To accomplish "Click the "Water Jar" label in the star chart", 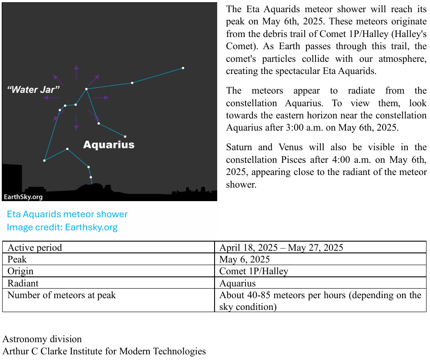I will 34,90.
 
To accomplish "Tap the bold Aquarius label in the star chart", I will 109,145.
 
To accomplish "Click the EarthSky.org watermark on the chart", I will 23,197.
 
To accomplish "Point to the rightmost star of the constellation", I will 183,68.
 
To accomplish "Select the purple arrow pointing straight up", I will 76,72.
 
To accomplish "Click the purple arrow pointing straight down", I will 76,122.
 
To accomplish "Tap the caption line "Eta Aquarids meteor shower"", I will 67,214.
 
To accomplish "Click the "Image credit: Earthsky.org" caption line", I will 62,227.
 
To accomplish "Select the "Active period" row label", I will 35,248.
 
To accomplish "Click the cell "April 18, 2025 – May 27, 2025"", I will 281,248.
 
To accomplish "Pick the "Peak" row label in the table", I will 17,259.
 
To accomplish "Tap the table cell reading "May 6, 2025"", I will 245,259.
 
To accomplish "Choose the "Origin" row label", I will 20,271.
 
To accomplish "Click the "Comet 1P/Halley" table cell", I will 254,271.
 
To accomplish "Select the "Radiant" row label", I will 23,283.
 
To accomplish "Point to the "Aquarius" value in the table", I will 237,283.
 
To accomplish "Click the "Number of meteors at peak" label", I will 62,295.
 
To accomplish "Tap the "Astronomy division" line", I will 42,339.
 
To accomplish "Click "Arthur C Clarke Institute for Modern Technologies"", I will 104,351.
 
